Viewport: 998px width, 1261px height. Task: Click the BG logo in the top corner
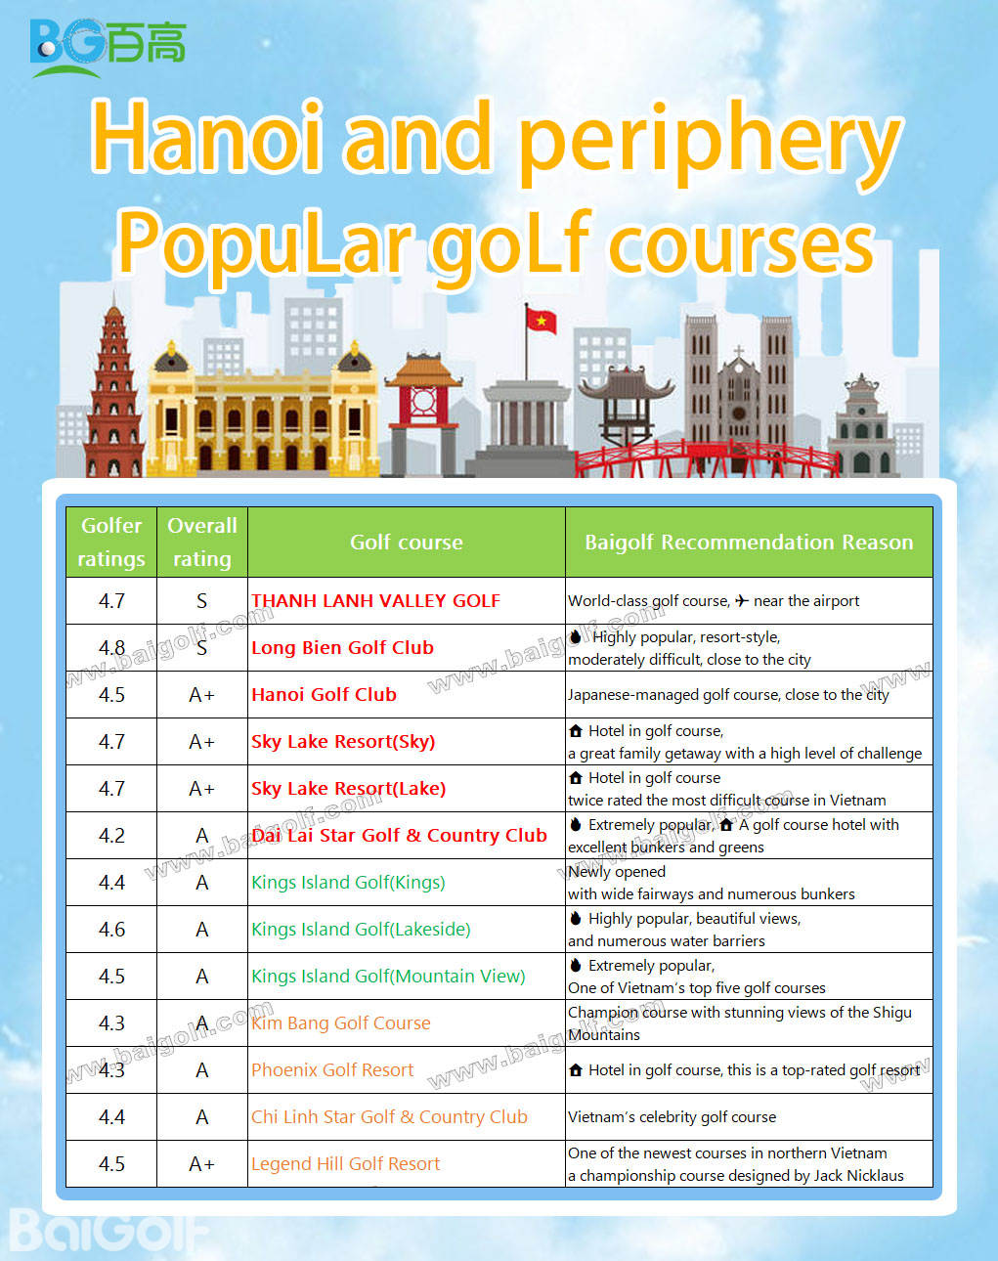(107, 46)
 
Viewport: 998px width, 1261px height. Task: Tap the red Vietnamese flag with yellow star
(540, 320)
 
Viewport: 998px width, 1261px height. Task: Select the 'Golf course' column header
(406, 542)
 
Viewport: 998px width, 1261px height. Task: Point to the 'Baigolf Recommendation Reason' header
(749, 542)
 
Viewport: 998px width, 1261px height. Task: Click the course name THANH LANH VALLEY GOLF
(375, 601)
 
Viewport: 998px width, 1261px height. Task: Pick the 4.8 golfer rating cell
(111, 647)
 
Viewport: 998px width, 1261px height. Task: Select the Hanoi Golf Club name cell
(324, 695)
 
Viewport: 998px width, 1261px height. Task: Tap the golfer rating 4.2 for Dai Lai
(111, 835)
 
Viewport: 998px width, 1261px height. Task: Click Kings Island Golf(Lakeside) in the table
(361, 929)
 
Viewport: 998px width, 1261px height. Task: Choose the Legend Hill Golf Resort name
(345, 1163)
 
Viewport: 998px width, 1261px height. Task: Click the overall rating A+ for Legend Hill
(201, 1163)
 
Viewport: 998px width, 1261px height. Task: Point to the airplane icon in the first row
(742, 600)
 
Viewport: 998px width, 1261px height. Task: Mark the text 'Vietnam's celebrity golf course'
(672, 1116)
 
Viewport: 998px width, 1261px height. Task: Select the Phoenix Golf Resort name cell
(332, 1069)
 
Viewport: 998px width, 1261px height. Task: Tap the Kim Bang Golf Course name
(340, 1022)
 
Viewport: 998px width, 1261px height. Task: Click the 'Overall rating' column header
(201, 542)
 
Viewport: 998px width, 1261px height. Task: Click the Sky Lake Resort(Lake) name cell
(348, 788)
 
